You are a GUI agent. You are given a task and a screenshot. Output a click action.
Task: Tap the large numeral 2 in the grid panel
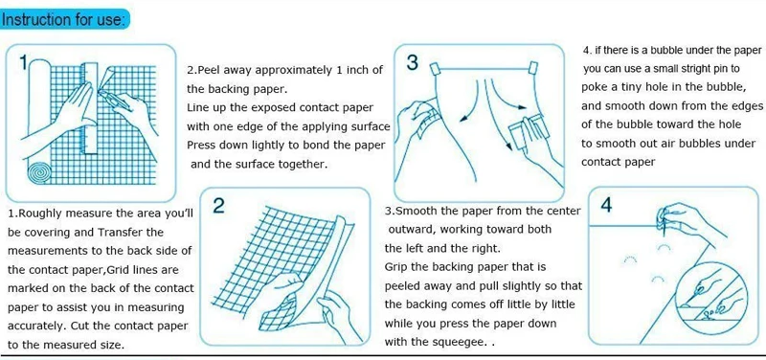click(219, 206)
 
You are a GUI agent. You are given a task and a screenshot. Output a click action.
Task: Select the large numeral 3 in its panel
click(413, 62)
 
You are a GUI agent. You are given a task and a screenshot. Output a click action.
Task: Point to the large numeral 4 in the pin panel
click(606, 205)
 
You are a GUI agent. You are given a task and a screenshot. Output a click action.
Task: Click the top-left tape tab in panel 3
click(435, 69)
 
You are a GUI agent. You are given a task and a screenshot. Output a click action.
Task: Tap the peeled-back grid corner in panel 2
click(278, 314)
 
